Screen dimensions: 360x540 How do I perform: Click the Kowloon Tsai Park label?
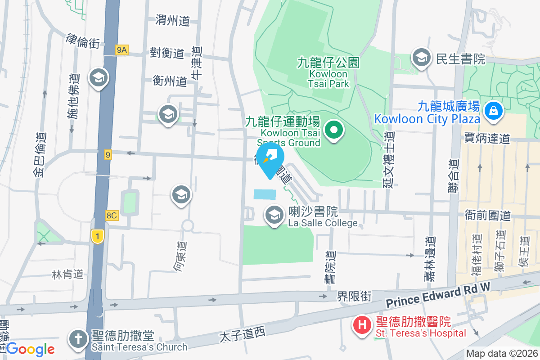tap(328, 72)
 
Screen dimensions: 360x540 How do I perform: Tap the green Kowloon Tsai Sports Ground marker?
tap(334, 131)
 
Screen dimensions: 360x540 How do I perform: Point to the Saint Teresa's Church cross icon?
tap(77, 341)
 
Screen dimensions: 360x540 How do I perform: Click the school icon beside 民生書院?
tap(421, 58)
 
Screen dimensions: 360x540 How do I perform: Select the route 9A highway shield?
tap(121, 50)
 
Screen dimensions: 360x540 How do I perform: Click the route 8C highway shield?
tap(111, 216)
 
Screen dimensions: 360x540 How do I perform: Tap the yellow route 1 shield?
tap(97, 235)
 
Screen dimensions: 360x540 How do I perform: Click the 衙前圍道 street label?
tap(487, 216)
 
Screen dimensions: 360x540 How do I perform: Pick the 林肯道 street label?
tap(67, 274)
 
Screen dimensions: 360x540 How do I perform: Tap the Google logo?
tap(30, 349)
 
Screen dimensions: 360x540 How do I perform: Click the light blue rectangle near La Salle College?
tap(265, 194)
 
